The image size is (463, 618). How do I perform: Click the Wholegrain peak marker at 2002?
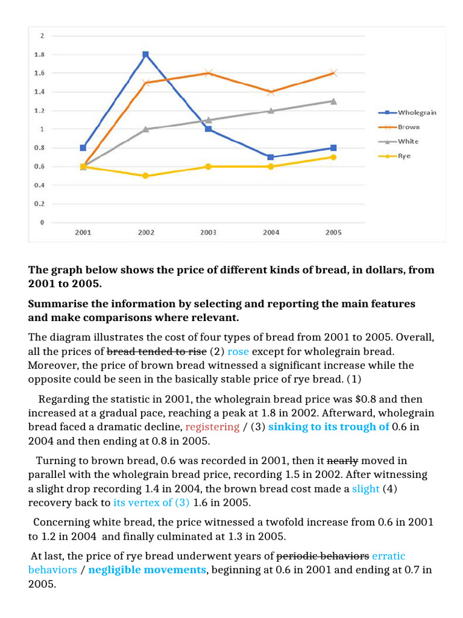coord(145,54)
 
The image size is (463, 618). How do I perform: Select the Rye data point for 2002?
coord(145,176)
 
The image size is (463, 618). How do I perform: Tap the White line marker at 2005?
coord(333,101)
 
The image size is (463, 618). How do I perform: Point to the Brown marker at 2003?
coord(208,73)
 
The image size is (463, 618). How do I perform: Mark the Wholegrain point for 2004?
coord(271,157)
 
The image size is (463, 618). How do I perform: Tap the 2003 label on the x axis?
coord(208,232)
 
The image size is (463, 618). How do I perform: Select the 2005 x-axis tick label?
coord(333,232)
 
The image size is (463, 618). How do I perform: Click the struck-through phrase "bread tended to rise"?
coord(156,351)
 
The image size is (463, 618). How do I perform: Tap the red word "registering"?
coord(212,427)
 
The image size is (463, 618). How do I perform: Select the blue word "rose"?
coord(238,351)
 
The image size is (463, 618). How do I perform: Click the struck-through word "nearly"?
coord(342,460)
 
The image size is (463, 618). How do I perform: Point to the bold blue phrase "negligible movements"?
coord(146,570)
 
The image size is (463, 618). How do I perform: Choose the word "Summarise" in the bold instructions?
coord(57,303)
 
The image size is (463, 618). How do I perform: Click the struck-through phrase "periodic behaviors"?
coord(323,555)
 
